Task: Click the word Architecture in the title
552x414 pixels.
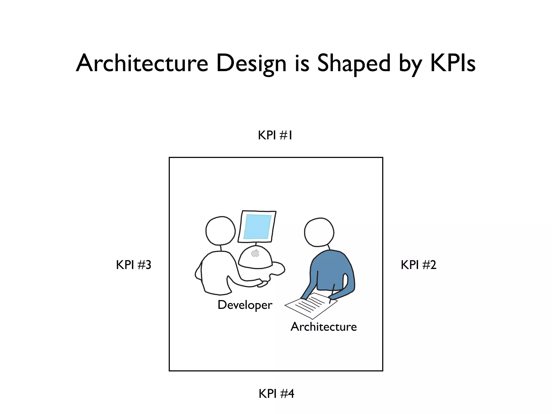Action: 142,63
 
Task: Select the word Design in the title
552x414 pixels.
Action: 251,64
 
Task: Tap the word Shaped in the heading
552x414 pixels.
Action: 354,63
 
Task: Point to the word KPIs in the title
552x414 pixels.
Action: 453,63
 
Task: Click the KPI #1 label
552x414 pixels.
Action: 275,135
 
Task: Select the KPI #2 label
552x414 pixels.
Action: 418,265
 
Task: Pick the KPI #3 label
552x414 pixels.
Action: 133,265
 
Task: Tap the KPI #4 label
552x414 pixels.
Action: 276,394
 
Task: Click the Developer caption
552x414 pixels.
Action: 245,305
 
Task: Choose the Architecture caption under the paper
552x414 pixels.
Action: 323,327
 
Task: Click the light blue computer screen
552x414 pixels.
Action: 257,227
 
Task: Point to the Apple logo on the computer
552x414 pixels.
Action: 255,253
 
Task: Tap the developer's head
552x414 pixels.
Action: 220,231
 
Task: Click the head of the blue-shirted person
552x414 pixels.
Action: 319,232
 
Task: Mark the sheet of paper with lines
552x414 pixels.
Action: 310,306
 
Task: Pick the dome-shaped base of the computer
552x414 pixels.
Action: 255,257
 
